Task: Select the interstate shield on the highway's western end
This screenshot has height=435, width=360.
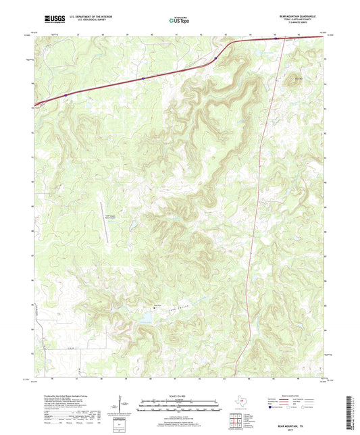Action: tap(66, 96)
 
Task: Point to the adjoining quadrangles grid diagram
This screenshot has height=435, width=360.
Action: tap(234, 421)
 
